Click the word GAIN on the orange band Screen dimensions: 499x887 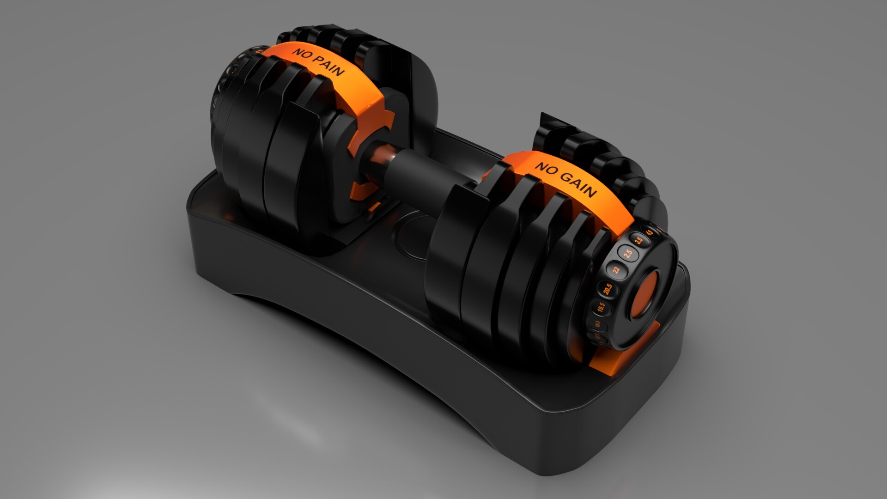pyautogui.click(x=579, y=185)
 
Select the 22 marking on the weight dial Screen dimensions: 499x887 pyautogui.click(x=616, y=269)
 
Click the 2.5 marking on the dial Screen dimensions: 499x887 pyautogui.click(x=627, y=254)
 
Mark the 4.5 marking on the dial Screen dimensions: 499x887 pyautogui.click(x=650, y=233)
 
